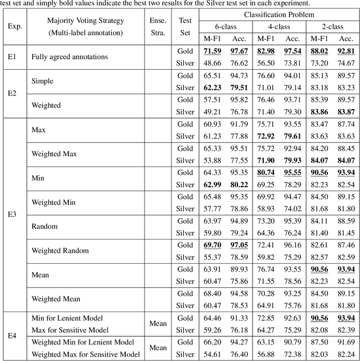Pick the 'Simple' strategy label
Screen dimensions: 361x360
pos(42,82)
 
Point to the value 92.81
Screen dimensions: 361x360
pos(346,52)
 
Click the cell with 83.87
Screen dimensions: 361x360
pos(346,111)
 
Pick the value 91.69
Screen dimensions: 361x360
pos(346,342)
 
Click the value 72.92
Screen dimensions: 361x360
pos(266,136)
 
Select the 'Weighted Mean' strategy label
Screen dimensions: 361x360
pos(56,299)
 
